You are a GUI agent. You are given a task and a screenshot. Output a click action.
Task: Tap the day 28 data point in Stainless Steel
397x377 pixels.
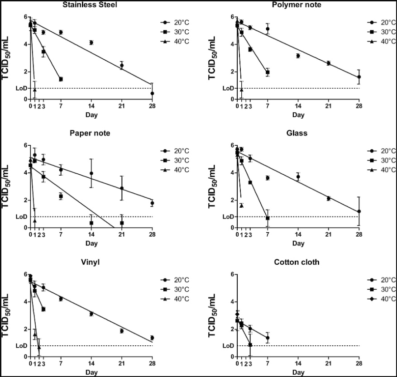152,93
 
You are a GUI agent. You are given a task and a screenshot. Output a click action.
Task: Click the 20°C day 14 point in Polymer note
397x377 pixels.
298,56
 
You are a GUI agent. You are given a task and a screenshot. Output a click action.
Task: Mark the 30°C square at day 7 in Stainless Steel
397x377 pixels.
61,79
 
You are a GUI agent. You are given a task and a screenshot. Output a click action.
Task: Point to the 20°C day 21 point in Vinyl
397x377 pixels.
122,331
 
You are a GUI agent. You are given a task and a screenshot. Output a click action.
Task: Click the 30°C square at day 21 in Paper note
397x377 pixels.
122,223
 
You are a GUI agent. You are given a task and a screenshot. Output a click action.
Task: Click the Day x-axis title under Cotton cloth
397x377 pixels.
298,372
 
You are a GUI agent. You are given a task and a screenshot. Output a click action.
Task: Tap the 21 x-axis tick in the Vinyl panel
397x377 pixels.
122,363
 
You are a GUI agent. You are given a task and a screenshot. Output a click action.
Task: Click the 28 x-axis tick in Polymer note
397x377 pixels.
359,105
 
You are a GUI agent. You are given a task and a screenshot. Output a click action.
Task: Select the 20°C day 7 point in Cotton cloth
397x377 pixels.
268,338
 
